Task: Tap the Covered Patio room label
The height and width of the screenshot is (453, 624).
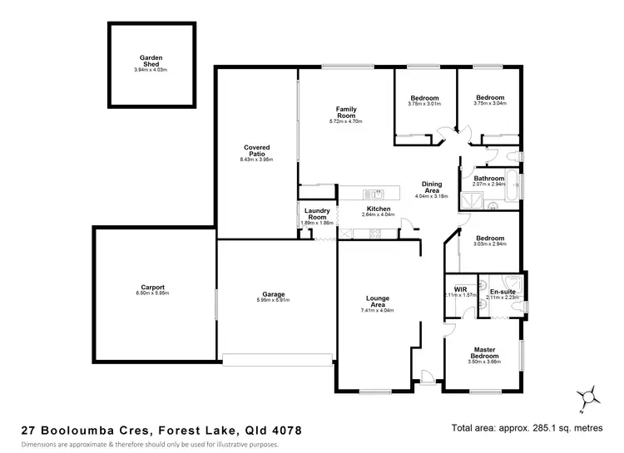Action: pos(256,150)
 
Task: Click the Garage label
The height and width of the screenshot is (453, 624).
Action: pos(275,294)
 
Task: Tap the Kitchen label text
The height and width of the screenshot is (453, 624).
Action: pos(379,208)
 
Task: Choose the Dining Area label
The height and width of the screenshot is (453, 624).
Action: pos(432,187)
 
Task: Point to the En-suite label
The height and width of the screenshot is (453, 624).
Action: pos(502,292)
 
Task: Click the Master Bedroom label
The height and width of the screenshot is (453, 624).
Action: pos(485,352)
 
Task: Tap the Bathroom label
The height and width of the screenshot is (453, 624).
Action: pos(489,178)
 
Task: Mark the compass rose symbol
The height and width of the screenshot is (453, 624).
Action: pos(589,396)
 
